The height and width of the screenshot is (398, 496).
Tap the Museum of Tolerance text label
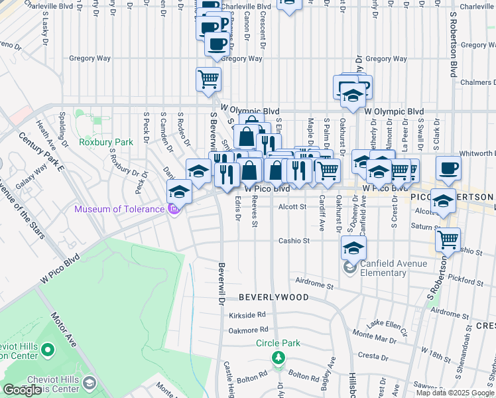click(119, 210)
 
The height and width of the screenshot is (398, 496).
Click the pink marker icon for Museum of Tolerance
click(174, 210)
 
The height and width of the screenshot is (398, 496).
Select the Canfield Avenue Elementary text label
click(392, 268)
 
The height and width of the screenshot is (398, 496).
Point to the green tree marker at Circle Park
click(279, 358)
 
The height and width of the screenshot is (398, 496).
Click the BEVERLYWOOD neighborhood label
click(274, 297)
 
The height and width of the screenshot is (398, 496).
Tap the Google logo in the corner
click(23, 390)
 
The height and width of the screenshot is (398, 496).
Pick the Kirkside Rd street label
click(247, 315)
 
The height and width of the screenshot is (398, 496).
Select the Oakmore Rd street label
click(247, 330)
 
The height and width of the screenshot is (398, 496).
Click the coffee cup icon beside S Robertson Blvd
click(448, 168)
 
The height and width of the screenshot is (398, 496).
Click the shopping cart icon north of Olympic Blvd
click(208, 79)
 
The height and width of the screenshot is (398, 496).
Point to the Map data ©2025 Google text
click(456, 393)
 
